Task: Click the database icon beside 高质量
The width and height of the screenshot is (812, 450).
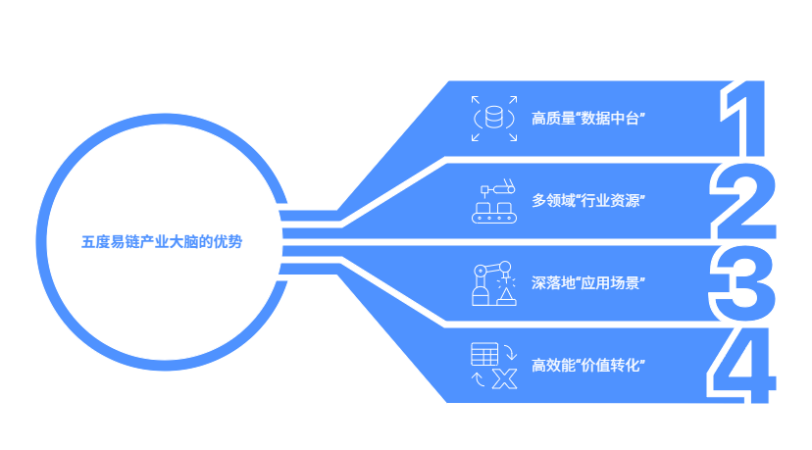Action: pos(492,119)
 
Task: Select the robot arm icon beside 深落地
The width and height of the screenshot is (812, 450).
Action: pos(493,283)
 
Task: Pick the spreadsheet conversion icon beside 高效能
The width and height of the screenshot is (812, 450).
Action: pos(493,366)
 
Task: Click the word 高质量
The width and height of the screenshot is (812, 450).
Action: pos(552,120)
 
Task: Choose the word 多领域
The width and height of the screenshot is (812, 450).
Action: pos(552,201)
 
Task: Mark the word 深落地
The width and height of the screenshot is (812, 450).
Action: pos(552,283)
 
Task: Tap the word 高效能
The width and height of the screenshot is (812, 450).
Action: pos(552,366)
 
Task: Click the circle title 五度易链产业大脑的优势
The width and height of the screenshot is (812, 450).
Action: pos(161,241)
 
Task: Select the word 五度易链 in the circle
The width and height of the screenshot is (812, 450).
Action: pos(106,241)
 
